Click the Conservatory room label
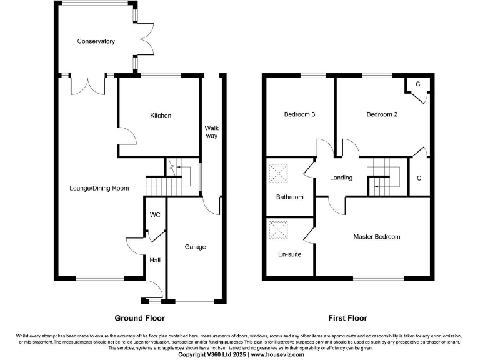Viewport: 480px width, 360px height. coord(96,41)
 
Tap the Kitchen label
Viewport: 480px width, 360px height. coord(161,116)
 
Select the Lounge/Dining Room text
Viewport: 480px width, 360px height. coord(99,188)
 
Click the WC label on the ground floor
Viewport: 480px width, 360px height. coord(156,215)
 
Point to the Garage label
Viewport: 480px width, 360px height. coord(195,247)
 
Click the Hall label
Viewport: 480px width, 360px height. coord(154,259)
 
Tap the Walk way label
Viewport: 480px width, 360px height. coord(212,132)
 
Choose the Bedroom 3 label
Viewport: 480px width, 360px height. coord(299,114)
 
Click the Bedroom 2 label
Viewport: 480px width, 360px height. coord(382,114)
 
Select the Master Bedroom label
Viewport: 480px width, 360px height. coord(376,237)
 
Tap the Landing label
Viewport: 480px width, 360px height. coord(341,177)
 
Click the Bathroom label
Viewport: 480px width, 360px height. coord(289,197)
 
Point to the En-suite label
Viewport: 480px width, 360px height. coord(289,254)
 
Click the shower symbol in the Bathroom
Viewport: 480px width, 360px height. coord(277,173)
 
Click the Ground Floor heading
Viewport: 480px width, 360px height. coord(139,317)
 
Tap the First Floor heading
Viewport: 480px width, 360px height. coord(346,317)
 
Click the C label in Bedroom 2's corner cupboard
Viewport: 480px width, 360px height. coord(418,84)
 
